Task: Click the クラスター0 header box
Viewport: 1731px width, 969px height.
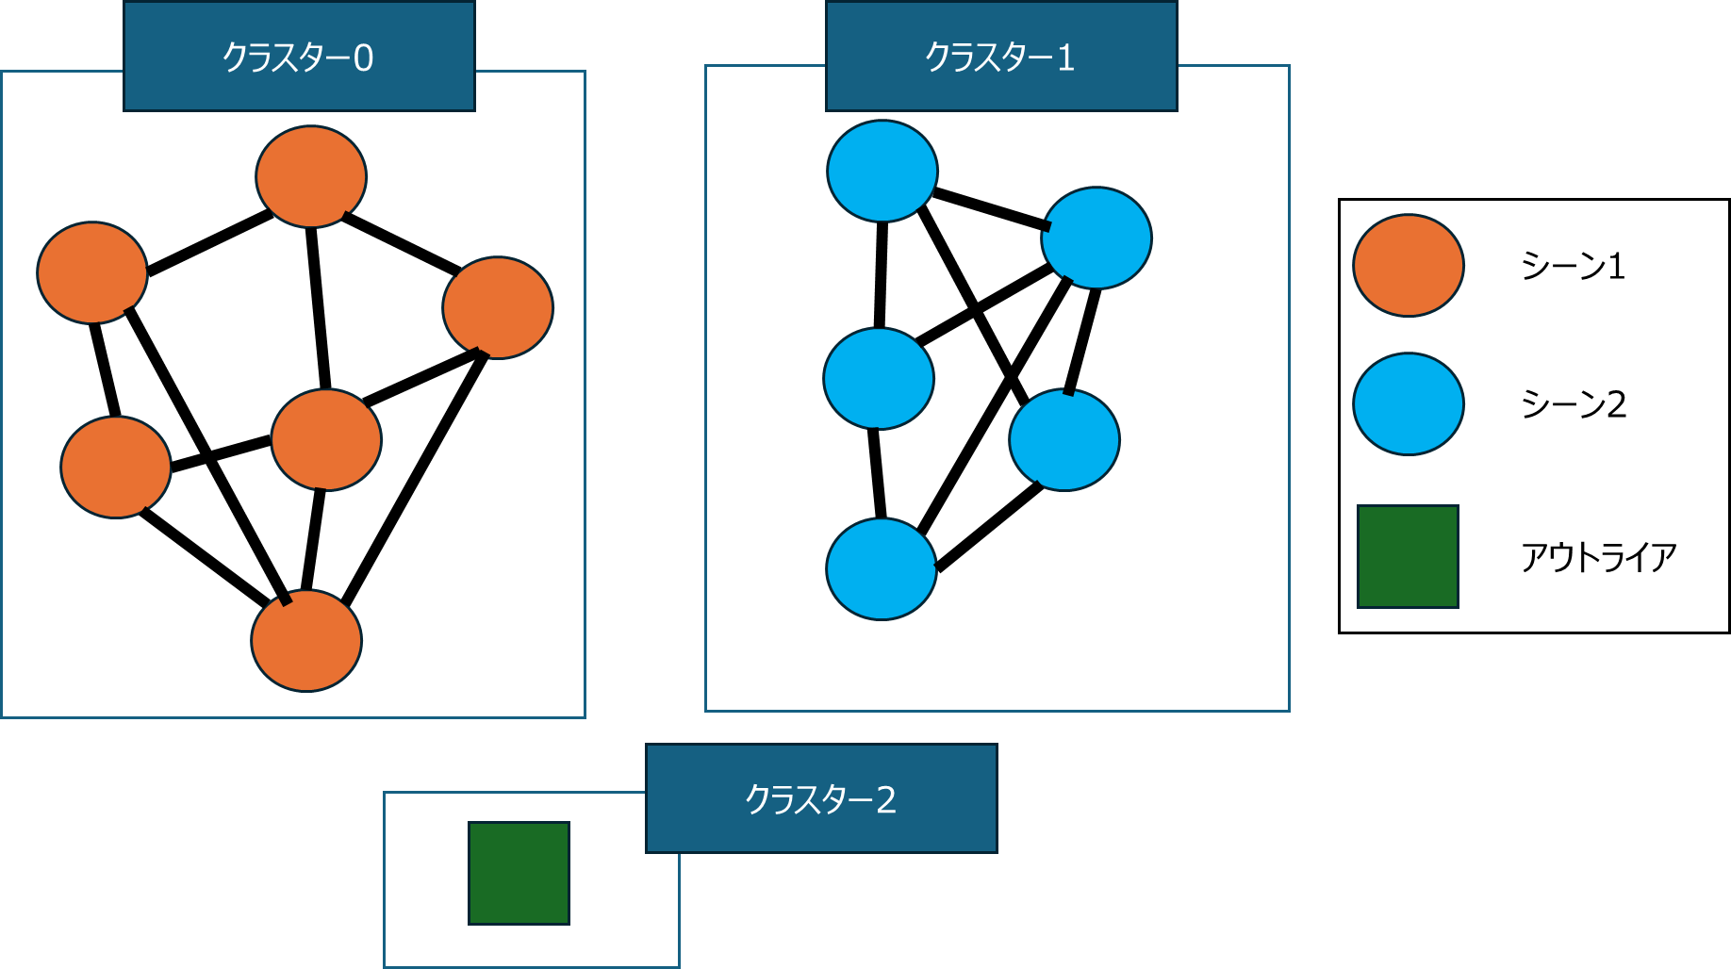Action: click(299, 57)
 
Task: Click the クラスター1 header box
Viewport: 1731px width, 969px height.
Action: click(1001, 57)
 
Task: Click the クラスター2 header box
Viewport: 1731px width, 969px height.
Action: click(821, 798)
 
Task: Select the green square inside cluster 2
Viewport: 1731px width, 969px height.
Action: click(519, 873)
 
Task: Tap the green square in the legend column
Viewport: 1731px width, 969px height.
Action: click(1408, 556)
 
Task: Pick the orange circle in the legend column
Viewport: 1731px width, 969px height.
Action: click(1408, 265)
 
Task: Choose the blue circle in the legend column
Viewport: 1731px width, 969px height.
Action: click(1408, 403)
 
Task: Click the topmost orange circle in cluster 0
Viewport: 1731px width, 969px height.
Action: click(311, 176)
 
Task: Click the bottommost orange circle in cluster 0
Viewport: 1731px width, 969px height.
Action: click(306, 640)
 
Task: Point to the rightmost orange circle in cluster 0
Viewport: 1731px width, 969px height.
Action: click(498, 307)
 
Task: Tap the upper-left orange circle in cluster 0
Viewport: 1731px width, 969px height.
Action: click(92, 272)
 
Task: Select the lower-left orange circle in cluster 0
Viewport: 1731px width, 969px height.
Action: click(116, 467)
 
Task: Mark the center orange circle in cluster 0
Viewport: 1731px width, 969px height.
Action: click(326, 439)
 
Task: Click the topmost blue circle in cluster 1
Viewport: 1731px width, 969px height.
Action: click(882, 171)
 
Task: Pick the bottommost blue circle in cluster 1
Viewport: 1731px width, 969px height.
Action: click(882, 568)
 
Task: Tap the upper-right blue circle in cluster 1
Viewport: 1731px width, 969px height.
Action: click(1096, 238)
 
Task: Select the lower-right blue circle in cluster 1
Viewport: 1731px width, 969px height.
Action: click(1064, 439)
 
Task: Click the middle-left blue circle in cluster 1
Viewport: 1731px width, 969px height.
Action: click(879, 378)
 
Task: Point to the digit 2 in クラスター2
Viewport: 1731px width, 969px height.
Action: click(886, 799)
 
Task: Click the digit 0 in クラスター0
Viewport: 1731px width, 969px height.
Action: click(364, 58)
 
